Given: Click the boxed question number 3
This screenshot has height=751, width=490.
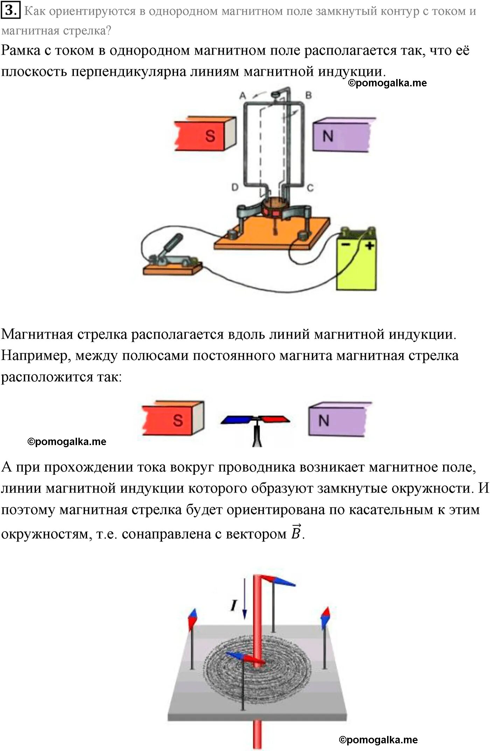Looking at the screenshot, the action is pyautogui.click(x=10, y=10).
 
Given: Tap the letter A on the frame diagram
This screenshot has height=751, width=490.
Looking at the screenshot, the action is pyautogui.click(x=242, y=95).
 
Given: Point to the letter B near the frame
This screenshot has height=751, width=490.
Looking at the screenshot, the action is pyautogui.click(x=308, y=95).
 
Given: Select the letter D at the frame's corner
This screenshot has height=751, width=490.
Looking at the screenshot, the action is pyautogui.click(x=235, y=188).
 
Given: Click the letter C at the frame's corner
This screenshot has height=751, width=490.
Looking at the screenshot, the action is pyautogui.click(x=310, y=188).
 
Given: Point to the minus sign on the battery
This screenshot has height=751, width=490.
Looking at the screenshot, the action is pyautogui.click(x=346, y=244).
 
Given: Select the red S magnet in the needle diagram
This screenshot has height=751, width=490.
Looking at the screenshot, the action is pyautogui.click(x=173, y=419).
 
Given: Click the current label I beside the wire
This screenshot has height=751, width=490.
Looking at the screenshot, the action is pyautogui.click(x=234, y=605).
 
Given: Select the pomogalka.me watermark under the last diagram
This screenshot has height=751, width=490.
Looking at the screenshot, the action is pyautogui.click(x=378, y=740).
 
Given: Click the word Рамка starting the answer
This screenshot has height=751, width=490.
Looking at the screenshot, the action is pyautogui.click(x=21, y=51).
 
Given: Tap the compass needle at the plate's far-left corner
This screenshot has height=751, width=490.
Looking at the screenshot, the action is pyautogui.click(x=193, y=620).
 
